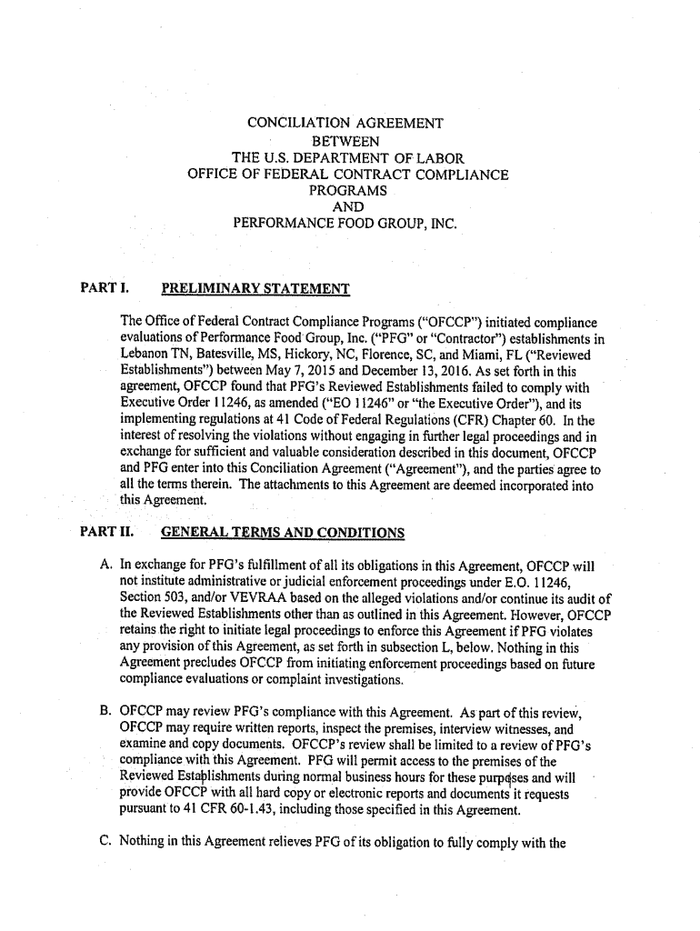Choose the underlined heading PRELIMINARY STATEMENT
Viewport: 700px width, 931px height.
click(x=255, y=290)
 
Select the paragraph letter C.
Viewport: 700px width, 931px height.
click(x=105, y=842)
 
